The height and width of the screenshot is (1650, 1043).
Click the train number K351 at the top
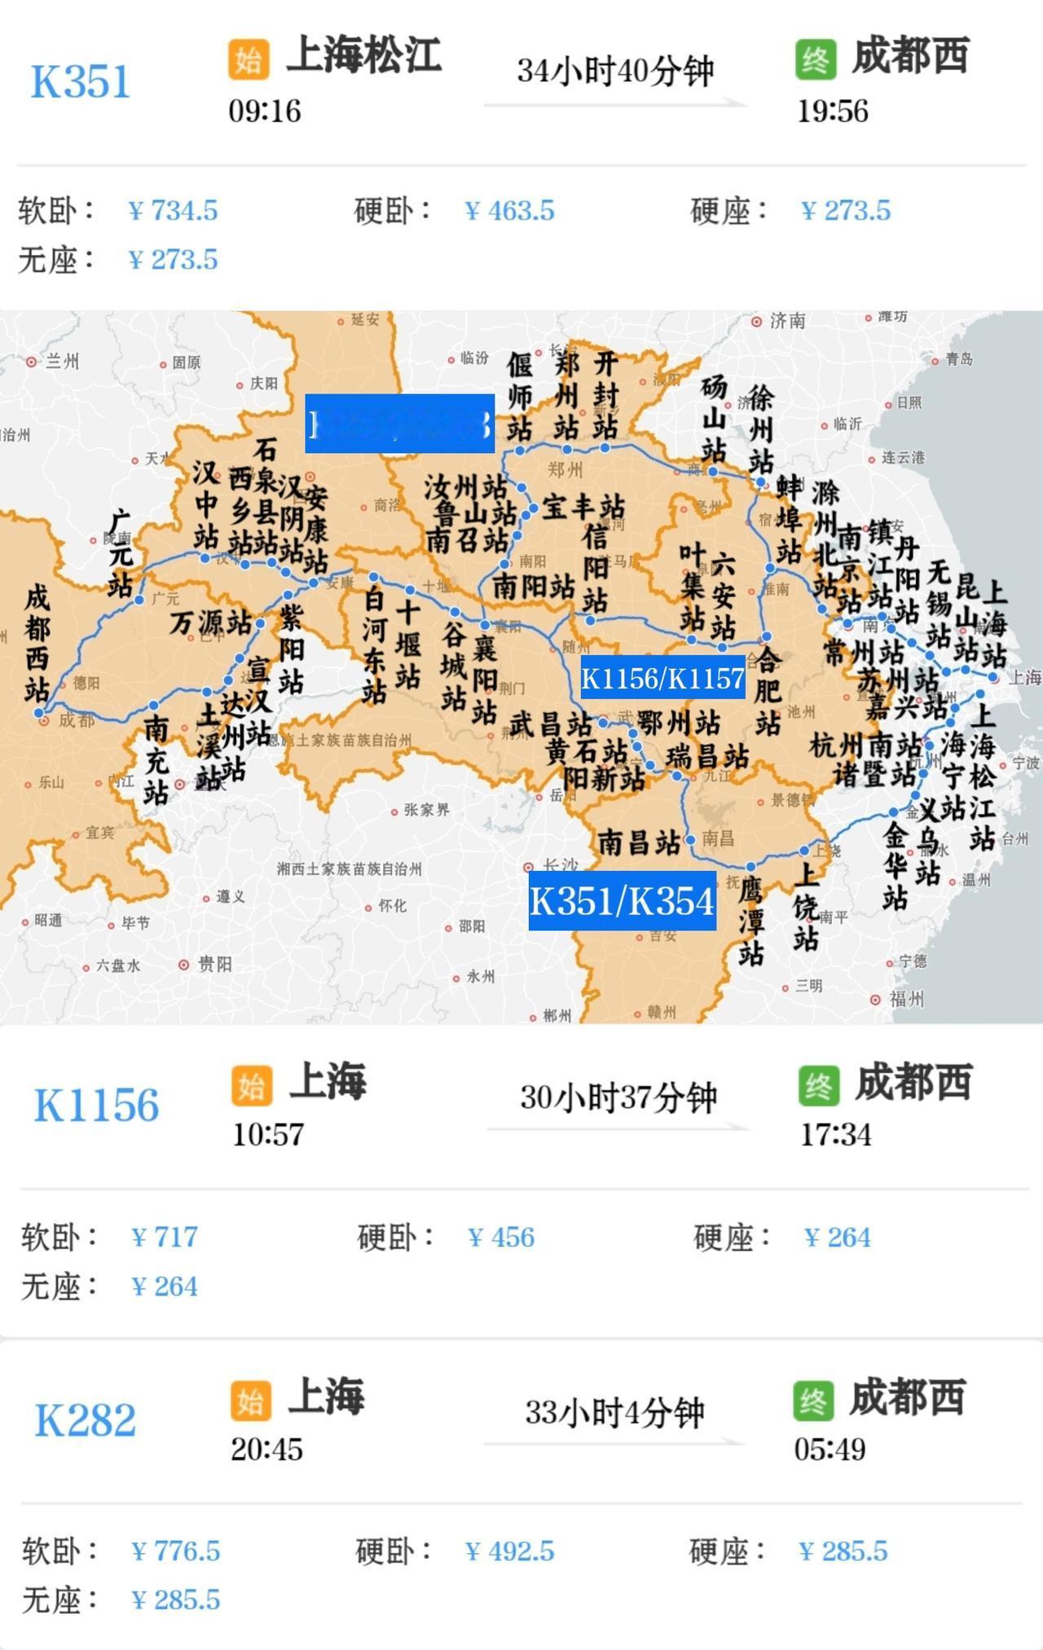(81, 82)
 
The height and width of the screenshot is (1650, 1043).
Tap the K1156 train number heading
(96, 1106)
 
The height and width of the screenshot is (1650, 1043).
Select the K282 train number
(85, 1421)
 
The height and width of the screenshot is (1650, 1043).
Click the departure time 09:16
(265, 111)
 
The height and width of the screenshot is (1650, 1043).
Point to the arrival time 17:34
(836, 1134)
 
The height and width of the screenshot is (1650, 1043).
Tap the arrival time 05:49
(830, 1450)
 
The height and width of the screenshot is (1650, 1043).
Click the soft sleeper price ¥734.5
(174, 211)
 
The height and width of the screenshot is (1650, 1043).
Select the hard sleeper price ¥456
(501, 1238)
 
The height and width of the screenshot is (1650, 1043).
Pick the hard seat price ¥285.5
(843, 1551)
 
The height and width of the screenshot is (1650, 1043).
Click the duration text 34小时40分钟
(615, 72)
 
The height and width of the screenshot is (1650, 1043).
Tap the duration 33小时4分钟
(614, 1413)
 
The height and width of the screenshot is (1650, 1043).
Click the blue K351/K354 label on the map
(623, 901)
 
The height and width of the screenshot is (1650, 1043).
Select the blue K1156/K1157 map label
(662, 678)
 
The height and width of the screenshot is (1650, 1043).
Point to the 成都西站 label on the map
(37, 644)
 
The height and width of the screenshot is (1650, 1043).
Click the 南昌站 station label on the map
(640, 842)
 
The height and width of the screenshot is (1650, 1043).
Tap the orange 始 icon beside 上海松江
(249, 59)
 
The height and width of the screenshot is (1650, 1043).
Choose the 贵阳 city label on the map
(214, 965)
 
